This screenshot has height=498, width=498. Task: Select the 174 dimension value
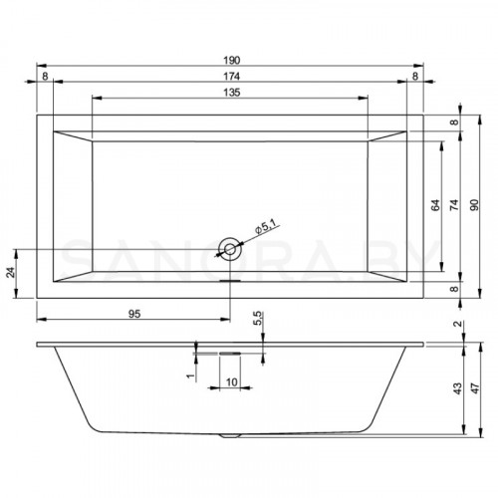click(x=229, y=75)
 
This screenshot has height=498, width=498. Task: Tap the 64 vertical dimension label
click(x=435, y=206)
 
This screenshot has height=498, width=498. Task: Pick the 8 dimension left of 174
click(x=46, y=75)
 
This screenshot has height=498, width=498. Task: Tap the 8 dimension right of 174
click(x=414, y=75)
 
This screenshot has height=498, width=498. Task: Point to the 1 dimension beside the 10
click(x=187, y=375)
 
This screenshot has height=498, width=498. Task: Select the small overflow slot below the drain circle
click(x=230, y=279)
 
